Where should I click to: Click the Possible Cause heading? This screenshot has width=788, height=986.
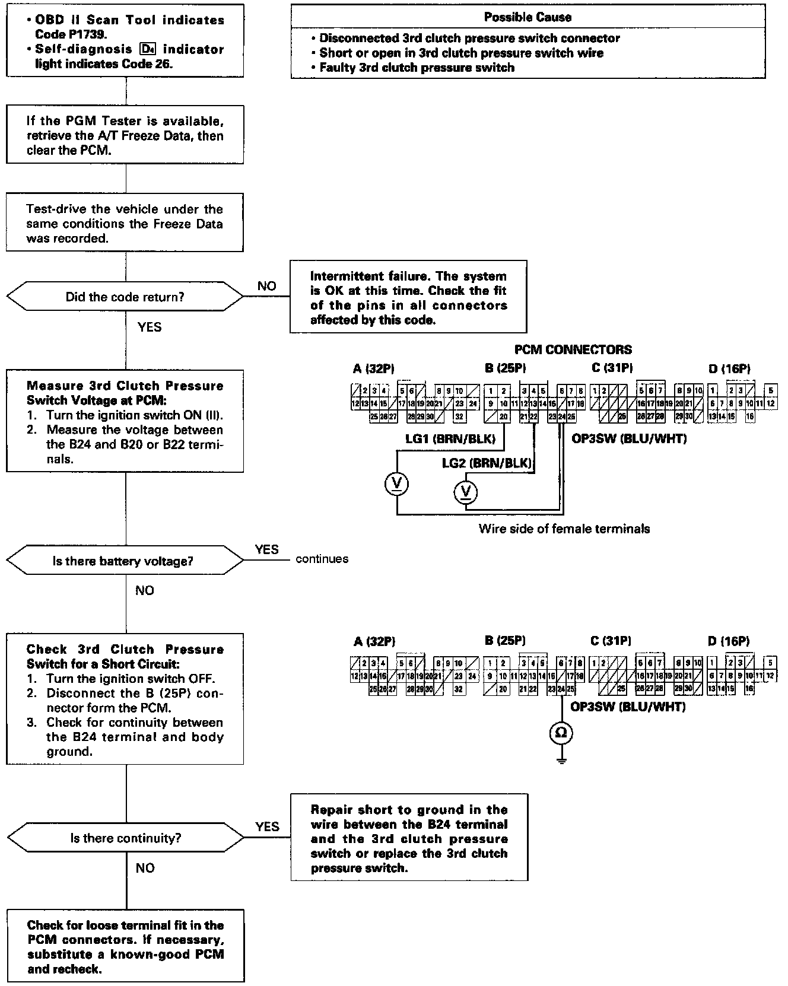(528, 17)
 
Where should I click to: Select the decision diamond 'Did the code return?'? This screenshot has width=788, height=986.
(125, 297)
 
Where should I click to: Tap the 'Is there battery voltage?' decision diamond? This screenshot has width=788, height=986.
(125, 561)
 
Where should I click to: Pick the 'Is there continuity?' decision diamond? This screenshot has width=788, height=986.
(125, 838)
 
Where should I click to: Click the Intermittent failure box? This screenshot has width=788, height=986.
(408, 298)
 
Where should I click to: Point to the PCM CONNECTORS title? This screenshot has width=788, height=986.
(573, 349)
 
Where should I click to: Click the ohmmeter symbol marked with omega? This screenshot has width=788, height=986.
(561, 733)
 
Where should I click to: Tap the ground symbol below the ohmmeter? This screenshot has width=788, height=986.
(561, 760)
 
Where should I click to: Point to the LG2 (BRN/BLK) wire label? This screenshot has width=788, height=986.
(487, 463)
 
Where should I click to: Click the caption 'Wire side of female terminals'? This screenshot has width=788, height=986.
(564, 529)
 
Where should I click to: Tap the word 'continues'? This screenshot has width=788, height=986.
(322, 559)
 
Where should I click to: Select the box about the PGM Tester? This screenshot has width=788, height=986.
(125, 135)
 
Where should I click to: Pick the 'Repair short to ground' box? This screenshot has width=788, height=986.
(409, 838)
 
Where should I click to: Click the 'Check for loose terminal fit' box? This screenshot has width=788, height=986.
(125, 947)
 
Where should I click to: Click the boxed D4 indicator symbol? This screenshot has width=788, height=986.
(148, 49)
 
